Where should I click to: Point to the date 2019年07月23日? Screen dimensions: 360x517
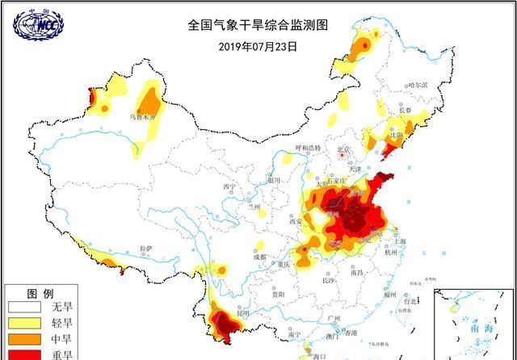point(258,46)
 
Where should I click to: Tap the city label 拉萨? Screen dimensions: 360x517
point(145,249)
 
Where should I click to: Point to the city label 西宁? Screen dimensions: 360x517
point(229,187)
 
